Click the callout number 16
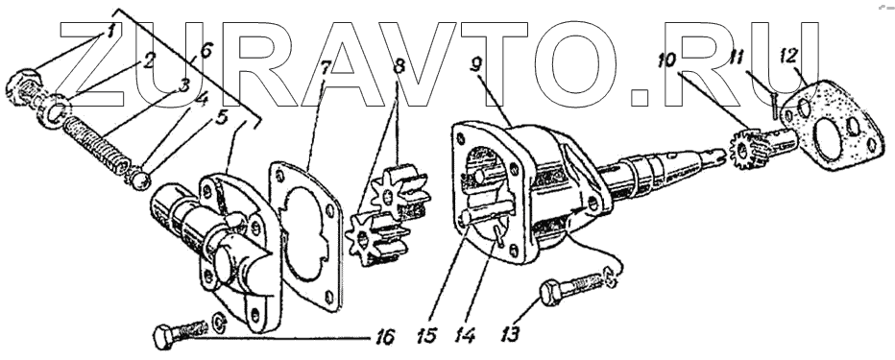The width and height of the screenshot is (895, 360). click(386, 337)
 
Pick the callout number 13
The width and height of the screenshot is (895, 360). click(510, 334)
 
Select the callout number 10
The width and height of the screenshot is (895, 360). click(666, 60)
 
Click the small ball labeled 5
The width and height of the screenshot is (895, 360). click(140, 181)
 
